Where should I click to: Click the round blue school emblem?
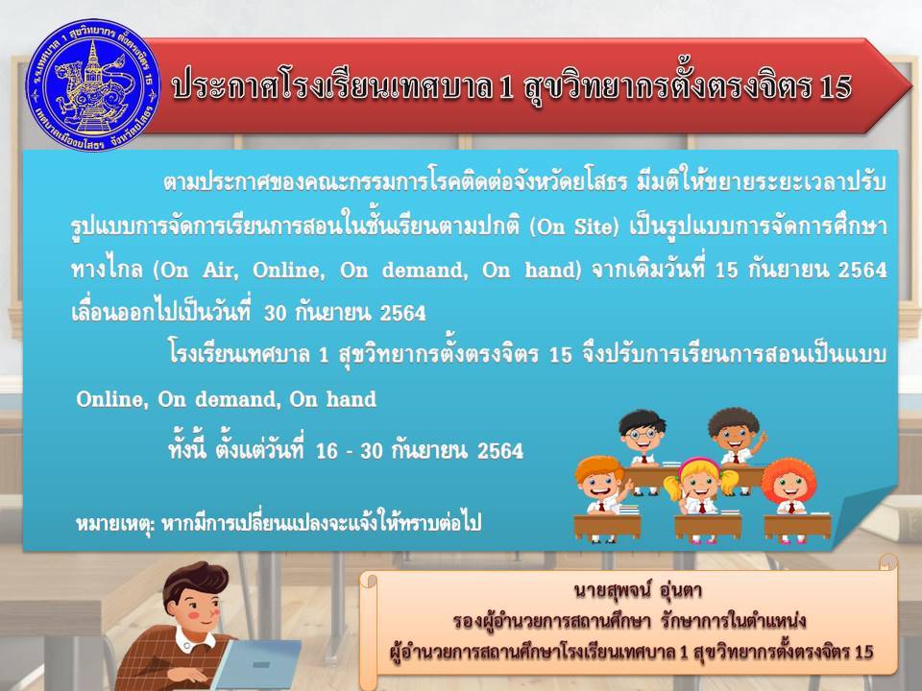pyautogui.click(x=93, y=85)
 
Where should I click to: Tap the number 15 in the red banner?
pyautogui.click(x=835, y=87)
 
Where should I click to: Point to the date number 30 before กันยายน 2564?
pyautogui.click(x=275, y=313)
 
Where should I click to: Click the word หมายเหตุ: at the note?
pyautogui.click(x=114, y=522)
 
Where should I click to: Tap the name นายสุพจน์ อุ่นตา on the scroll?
pyautogui.click(x=638, y=590)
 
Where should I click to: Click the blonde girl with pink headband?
pyautogui.click(x=700, y=488)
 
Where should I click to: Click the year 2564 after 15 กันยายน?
pyautogui.click(x=862, y=270)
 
